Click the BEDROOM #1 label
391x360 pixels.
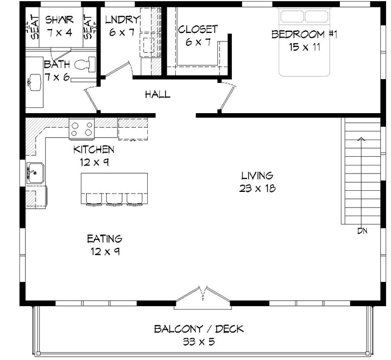(304, 34)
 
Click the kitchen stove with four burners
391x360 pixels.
(82, 129)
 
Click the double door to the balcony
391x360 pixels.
(202, 295)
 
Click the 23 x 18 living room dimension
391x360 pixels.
(257, 188)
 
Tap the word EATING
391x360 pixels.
(105, 238)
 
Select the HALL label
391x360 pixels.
(157, 95)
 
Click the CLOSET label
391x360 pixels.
(198, 29)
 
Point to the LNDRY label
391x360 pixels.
(122, 19)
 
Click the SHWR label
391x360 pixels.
(58, 19)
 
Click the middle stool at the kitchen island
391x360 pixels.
(114, 200)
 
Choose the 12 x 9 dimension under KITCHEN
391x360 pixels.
(94, 161)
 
